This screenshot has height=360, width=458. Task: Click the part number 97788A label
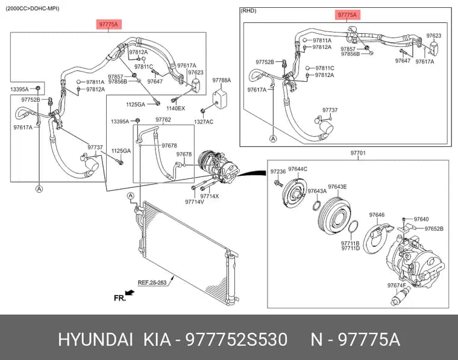[221, 80]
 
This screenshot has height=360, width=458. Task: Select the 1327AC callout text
[204, 122]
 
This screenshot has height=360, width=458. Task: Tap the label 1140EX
[175, 108]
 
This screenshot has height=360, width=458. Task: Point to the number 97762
[163, 120]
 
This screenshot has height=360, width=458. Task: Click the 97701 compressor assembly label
[358, 153]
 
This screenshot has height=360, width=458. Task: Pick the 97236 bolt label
[278, 172]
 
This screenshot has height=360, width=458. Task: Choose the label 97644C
[298, 169]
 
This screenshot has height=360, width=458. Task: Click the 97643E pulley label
[337, 187]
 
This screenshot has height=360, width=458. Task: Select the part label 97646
[377, 215]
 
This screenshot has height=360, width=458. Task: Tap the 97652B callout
[434, 229]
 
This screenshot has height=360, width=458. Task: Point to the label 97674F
[397, 285]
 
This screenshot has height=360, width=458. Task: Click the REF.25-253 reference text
[152, 282]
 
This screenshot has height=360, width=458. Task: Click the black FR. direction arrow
[130, 293]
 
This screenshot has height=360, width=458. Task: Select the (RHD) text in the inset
[248, 11]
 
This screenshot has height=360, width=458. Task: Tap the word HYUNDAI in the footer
[95, 340]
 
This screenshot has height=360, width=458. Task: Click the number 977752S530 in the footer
[237, 340]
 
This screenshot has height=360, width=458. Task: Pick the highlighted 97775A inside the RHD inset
[347, 15]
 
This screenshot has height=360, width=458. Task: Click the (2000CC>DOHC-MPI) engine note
[33, 8]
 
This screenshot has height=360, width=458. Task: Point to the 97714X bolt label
[210, 196]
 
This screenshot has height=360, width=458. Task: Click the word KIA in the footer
[157, 340]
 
